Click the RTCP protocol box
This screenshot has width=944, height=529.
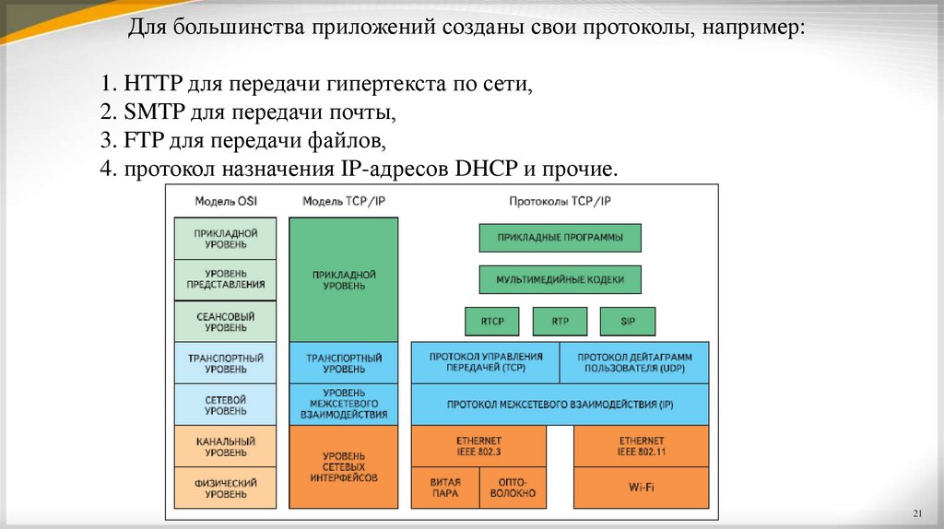492,321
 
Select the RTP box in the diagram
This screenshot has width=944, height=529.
560,321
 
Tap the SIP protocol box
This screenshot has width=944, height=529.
628,321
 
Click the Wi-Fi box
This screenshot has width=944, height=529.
642,487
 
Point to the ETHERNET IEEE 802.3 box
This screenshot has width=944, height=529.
478,447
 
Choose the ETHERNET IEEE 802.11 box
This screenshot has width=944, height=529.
642,447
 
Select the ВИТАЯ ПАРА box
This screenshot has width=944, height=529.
444,487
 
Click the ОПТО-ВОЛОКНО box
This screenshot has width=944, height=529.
513,487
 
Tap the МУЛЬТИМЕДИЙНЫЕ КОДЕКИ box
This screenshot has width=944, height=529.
560,279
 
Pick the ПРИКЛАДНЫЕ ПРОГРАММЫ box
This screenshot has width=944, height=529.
560,238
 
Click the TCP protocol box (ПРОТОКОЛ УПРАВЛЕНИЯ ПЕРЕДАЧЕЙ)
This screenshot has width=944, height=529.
486,362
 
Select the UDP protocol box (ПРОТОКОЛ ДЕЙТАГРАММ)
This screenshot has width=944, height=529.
634,362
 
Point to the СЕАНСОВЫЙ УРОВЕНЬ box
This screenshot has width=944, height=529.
226,322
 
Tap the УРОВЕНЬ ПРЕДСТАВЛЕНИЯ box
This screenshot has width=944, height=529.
226,279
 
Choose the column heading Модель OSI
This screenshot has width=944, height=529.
226,201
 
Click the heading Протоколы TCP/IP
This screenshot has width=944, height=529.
560,201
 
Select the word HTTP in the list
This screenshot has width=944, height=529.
149,85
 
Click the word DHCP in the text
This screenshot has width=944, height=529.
488,170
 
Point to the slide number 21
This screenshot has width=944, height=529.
917,512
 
